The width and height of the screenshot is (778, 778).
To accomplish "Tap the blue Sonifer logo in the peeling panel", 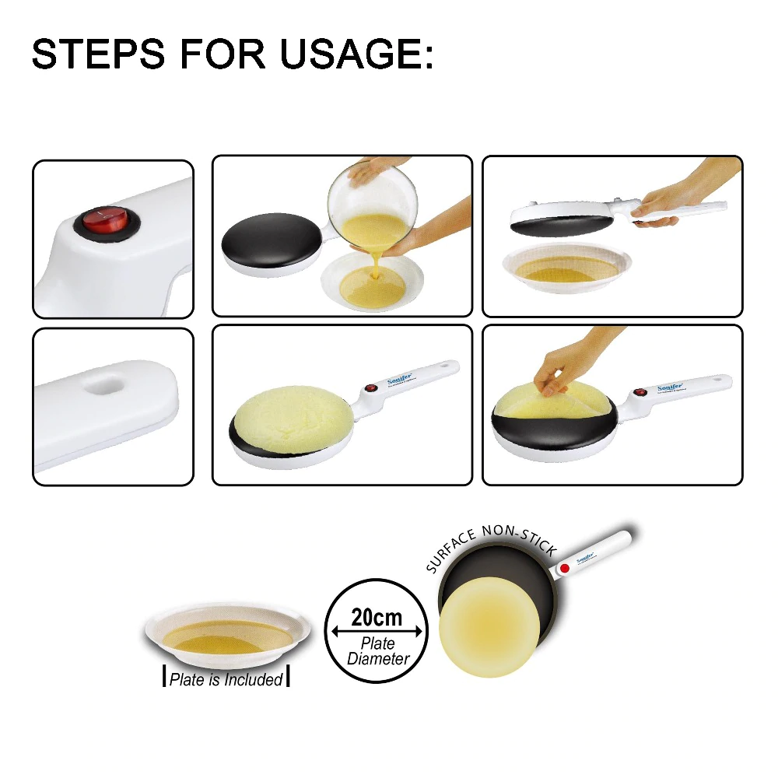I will [x=670, y=387].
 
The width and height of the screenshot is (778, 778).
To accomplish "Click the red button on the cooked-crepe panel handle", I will [x=371, y=387].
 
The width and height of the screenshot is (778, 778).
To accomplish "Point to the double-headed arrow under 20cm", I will [x=377, y=631].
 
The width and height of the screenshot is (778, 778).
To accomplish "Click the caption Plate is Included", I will [x=226, y=679].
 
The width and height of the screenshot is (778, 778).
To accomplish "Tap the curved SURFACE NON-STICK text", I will [x=490, y=545].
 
